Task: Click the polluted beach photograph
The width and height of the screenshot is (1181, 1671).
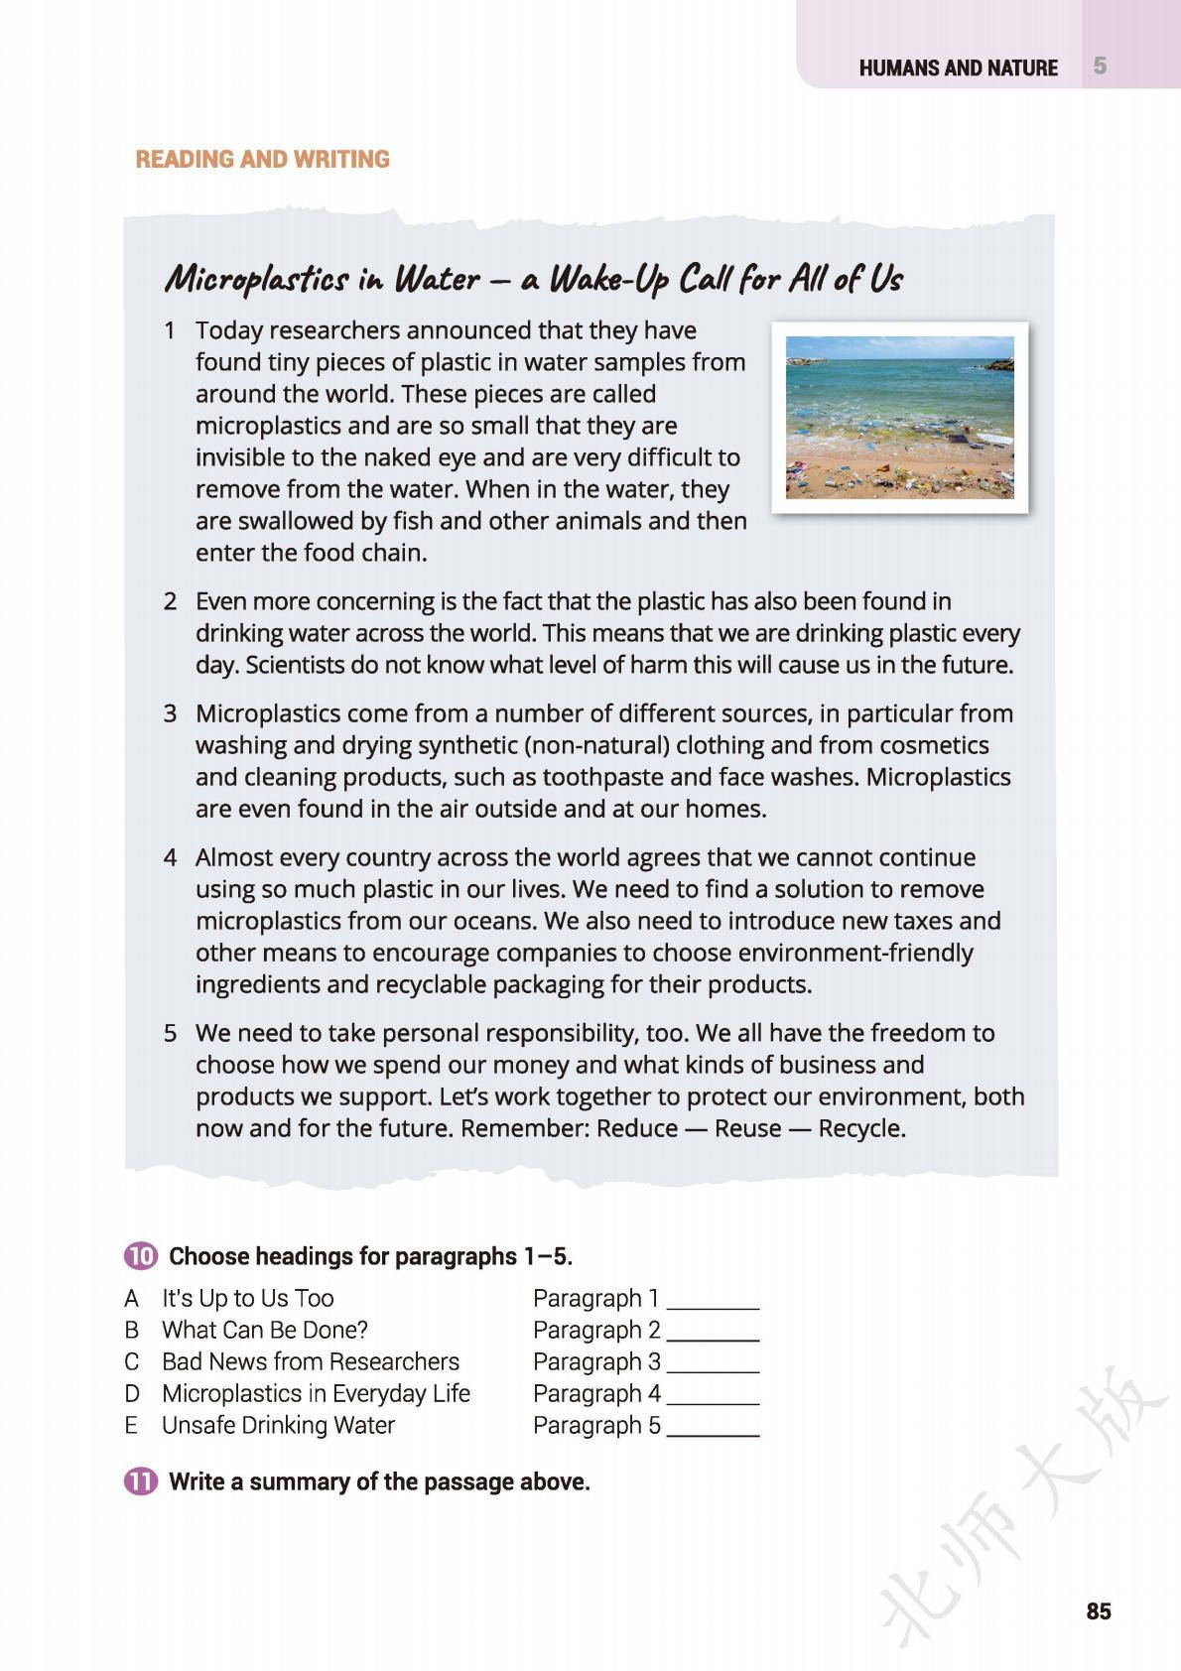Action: point(899,418)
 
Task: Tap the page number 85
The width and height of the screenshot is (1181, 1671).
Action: point(1098,1610)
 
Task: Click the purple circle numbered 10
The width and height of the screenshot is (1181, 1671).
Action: point(141,1256)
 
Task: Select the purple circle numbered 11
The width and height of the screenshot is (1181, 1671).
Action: point(141,1481)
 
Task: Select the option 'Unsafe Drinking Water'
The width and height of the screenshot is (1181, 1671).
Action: point(278,1425)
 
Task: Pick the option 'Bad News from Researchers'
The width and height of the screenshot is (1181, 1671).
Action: point(311,1361)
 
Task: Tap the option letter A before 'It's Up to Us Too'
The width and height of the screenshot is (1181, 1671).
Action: point(131,1298)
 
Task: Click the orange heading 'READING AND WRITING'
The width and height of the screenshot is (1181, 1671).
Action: point(262,159)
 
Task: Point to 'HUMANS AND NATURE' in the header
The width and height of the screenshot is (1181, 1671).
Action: point(958,67)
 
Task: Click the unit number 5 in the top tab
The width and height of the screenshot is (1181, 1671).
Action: point(1100,66)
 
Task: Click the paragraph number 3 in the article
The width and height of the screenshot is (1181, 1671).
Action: point(171,713)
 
